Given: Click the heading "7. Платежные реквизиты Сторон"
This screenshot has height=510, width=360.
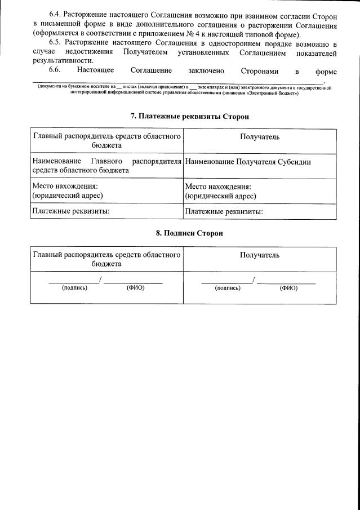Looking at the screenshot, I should point(189,116).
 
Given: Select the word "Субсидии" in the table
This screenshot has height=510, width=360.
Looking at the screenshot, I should point(294,162).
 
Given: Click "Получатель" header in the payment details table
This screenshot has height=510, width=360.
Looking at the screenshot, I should point(260,137).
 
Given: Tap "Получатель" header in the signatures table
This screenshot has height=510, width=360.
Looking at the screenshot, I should point(260,255).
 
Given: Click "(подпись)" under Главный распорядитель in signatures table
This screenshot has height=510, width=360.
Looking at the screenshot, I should point(74,288).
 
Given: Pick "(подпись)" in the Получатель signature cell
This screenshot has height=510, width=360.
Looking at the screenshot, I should point(228,288).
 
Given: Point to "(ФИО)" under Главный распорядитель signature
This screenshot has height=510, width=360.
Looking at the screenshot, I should point(136,288).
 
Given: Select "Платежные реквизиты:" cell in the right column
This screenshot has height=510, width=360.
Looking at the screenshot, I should point(224,212).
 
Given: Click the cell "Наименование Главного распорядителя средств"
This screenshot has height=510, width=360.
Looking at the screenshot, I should point(106,166).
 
